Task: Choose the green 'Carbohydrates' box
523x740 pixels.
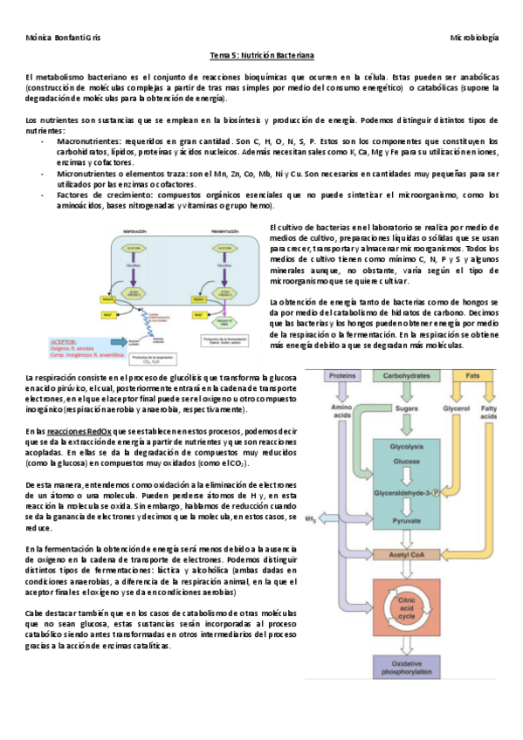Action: (x=406, y=376)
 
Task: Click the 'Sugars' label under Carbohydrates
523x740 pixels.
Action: (x=406, y=407)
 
